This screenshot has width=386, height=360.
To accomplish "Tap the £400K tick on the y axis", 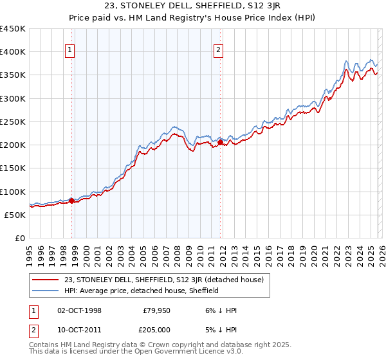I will (x=12, y=52).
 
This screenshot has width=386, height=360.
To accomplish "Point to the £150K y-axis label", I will (x=12, y=168).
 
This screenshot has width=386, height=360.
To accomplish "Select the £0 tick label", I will (x=19, y=239).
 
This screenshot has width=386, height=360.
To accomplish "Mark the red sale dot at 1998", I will (x=71, y=201).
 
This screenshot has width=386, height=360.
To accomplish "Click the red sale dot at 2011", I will (x=220, y=143).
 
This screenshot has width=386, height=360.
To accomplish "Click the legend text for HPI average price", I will (x=142, y=291).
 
